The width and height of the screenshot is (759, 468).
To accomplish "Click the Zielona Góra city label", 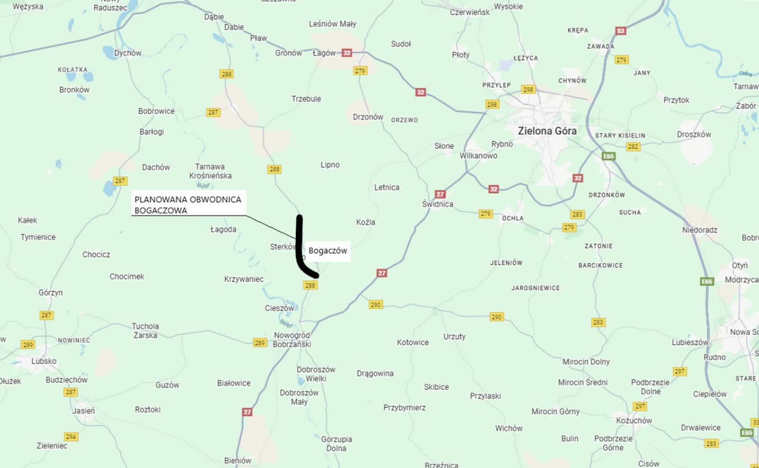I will point(547,131).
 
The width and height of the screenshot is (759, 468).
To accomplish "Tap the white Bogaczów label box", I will point(328,250).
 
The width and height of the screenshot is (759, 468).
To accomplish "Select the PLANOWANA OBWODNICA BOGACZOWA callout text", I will point(187,205).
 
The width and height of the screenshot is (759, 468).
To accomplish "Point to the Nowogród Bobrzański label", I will point(292,340).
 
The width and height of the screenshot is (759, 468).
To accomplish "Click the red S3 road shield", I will point(620,31).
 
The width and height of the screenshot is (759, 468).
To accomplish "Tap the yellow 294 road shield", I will point(71,437).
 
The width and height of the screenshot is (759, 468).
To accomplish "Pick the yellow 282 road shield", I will point(633,147).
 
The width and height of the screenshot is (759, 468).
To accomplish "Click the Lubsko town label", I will point(44,361).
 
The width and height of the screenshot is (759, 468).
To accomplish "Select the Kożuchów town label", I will point(634,421).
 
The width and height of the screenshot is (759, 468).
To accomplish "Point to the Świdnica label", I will point(437,204).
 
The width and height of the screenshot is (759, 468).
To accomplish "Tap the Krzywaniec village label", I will point(244,279).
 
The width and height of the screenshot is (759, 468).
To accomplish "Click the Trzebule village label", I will point(306,99).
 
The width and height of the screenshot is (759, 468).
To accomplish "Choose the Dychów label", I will point(128,53).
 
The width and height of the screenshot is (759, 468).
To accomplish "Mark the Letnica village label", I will point(387,187).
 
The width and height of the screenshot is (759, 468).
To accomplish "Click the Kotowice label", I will point(413,342).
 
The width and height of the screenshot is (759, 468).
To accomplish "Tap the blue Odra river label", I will point(745,73).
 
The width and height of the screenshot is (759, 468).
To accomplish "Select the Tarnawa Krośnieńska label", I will point(210,171).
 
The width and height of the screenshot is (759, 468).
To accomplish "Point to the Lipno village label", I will point(330,165).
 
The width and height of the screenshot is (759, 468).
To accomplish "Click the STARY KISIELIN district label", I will point(620,136).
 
